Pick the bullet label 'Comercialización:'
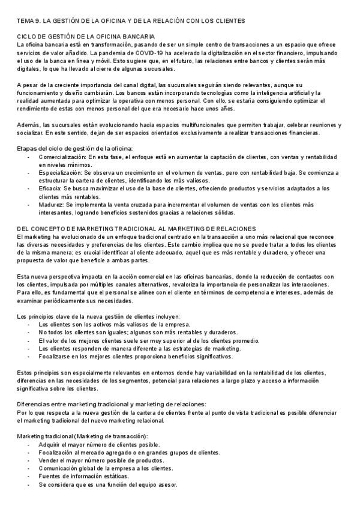(x=62, y=157)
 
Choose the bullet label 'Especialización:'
(x=61, y=172)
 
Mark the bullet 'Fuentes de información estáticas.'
(x=83, y=476)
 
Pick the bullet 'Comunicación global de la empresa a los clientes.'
(x=106, y=468)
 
